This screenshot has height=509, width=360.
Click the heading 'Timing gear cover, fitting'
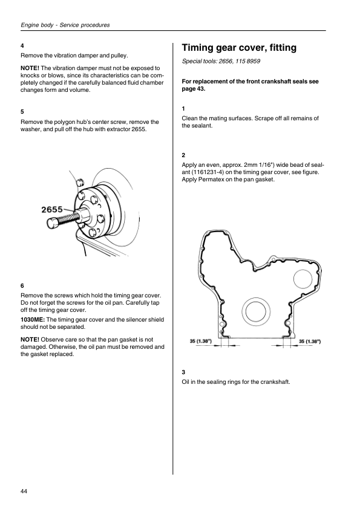[239, 48]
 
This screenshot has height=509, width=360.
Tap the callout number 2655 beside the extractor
[52, 209]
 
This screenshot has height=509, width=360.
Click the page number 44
[24, 491]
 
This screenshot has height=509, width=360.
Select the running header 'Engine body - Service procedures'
[65, 25]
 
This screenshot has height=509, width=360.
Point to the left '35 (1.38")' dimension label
[201, 341]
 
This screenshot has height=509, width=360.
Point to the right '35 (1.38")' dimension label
[310, 341]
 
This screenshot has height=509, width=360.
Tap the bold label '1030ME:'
[33, 320]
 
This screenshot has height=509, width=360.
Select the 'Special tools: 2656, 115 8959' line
[221, 61]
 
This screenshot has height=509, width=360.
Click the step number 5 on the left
[22, 112]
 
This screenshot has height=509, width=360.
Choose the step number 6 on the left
[22, 286]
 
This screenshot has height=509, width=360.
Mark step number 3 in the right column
[183, 372]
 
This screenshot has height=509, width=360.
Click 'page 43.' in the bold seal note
[194, 89]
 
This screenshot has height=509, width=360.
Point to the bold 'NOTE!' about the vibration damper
[30, 68]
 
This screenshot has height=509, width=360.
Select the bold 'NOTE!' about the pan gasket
[30, 340]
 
